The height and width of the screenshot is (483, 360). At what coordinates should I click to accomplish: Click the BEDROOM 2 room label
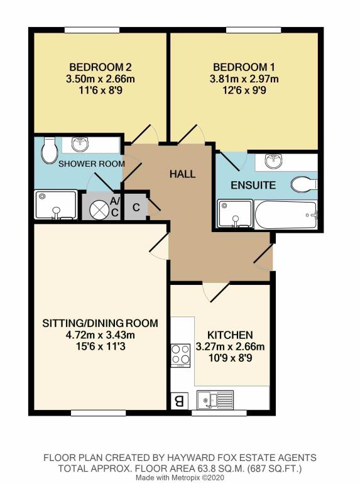coord(101,67)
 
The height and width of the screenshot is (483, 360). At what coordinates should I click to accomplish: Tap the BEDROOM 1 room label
coord(244,67)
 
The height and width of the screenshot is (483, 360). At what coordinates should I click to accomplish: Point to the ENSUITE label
coord(253,185)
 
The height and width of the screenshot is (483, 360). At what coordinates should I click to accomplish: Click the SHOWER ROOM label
coord(92,164)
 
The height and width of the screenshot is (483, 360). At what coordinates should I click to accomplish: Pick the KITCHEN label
coord(230,335)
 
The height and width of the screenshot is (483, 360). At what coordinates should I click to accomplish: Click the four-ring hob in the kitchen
coord(180,355)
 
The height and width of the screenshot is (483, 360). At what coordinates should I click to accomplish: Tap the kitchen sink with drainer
coord(215,399)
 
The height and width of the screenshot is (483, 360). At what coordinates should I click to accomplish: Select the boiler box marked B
coord(179,401)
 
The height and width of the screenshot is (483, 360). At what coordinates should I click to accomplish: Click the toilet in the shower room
coord(49,150)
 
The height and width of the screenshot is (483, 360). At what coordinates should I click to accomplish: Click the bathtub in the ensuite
coord(285,214)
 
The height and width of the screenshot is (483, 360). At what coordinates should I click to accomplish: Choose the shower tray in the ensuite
coord(235,214)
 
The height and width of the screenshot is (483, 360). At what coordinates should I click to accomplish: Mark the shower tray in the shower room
coord(56,204)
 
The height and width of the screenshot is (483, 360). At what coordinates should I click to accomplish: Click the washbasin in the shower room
coord(80,144)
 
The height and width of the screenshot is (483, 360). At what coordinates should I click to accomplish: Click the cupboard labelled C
coord(135,207)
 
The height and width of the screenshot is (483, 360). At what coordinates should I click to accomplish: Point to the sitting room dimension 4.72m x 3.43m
coord(101,335)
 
